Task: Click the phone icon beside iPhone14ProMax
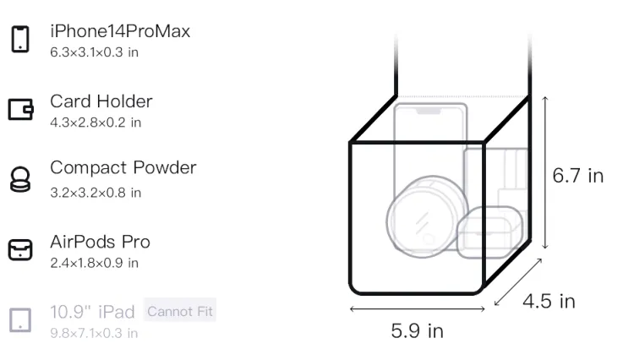click(x=20, y=39)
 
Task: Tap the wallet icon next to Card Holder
click(x=20, y=109)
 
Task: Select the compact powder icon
click(x=19, y=179)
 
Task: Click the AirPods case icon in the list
click(x=20, y=249)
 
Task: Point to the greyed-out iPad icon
click(x=20, y=320)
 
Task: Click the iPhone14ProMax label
click(x=120, y=31)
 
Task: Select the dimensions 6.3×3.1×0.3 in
click(x=94, y=52)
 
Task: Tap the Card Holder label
click(x=101, y=101)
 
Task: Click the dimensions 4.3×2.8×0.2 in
click(x=96, y=123)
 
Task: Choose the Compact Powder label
click(x=123, y=167)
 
